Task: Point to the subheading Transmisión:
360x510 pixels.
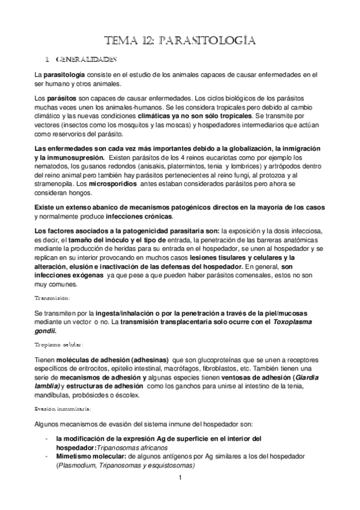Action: point(52,298)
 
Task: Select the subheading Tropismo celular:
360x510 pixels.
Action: point(58,345)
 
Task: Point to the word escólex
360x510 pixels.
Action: point(126,394)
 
